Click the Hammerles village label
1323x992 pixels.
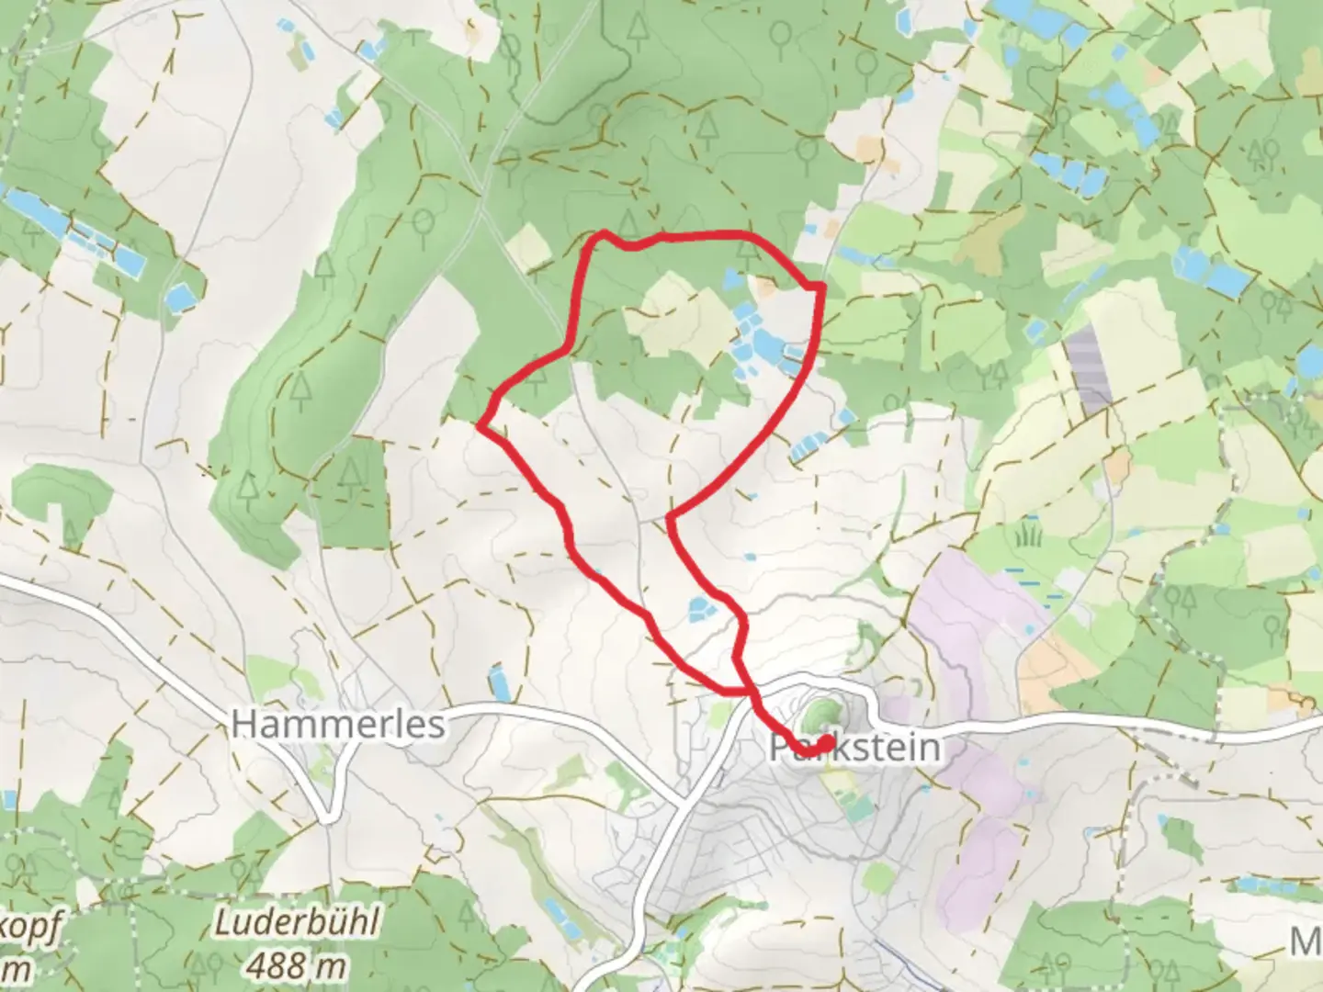coord(337,724)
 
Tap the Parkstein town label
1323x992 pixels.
coord(854,748)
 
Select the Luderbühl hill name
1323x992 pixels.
coord(296,922)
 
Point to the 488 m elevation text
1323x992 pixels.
coord(297,964)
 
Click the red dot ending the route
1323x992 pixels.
coord(826,742)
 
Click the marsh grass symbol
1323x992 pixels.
coord(1028,533)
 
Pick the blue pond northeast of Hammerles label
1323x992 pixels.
coord(499,682)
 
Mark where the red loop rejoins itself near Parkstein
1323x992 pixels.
coord(746,688)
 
